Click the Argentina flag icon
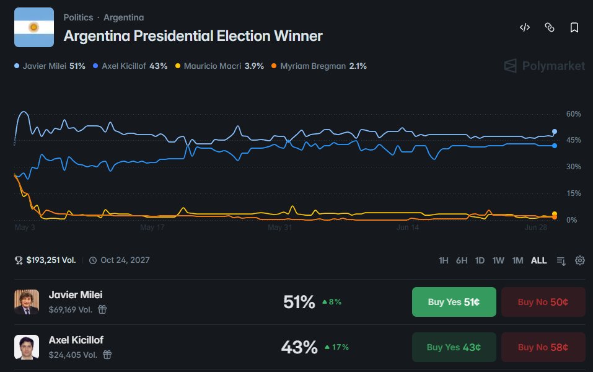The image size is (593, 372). [34, 27]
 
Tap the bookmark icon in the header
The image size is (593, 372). [574, 27]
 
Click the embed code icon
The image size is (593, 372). [525, 27]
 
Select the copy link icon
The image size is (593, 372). [550, 27]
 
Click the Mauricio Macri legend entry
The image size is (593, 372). [220, 66]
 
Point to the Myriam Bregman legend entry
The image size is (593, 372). [319, 66]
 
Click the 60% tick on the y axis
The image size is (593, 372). [573, 114]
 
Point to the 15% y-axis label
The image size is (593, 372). [573, 193]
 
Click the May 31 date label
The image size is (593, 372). [280, 228]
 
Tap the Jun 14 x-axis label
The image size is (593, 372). [408, 228]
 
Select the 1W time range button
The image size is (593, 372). [498, 260]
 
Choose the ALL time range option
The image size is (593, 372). [538, 260]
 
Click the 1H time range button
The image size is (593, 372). [443, 260]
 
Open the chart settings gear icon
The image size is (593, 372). [580, 260]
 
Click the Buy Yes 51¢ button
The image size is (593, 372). [454, 302]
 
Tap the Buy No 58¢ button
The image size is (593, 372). [543, 347]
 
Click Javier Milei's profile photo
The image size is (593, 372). [27, 302]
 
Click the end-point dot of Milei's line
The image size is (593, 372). [555, 131]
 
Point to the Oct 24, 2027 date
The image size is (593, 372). [125, 260]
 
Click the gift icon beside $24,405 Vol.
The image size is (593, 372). [107, 355]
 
